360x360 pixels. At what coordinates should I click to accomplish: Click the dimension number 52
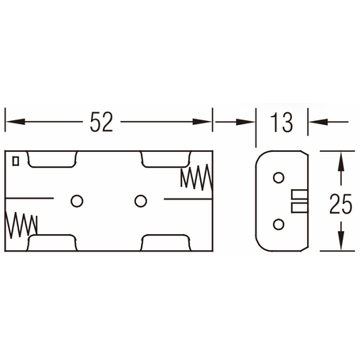pos(101,122)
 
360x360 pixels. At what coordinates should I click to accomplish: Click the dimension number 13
pos(282,123)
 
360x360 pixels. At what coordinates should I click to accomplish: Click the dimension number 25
pos(341,203)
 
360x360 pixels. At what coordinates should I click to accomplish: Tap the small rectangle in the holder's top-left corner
pos(16,161)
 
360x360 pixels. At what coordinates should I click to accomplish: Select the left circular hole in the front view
pos(77,201)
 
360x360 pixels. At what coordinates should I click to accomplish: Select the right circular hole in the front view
pos(141,201)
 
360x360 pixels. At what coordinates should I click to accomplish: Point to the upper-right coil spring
pos(196,177)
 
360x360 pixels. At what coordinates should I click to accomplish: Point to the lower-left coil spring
pos(21,225)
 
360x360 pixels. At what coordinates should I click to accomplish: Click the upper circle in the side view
pos(279,178)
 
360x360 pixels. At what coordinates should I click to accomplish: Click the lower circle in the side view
pos(279,225)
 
